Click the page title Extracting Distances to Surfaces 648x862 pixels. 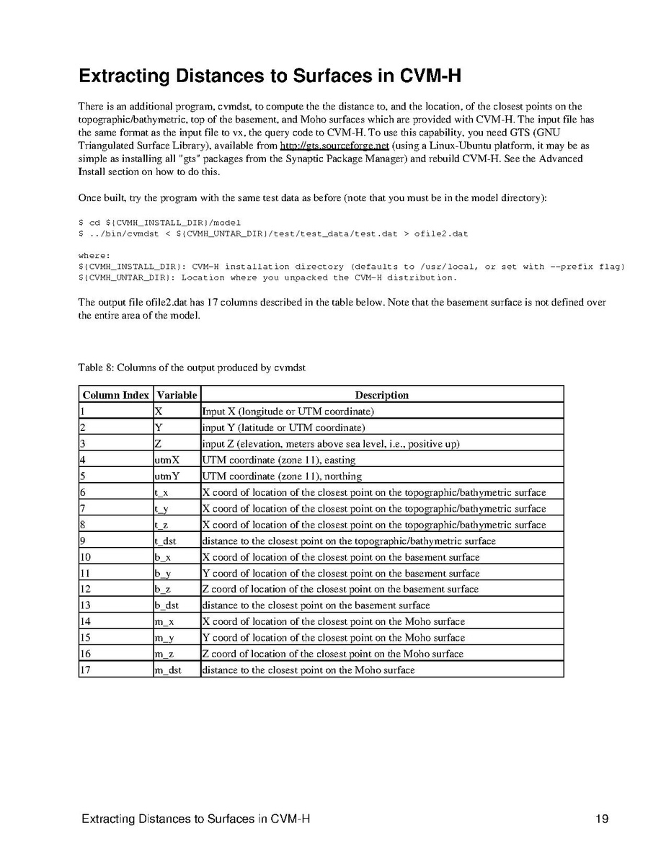[270, 76]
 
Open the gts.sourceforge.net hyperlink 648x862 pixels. [334, 146]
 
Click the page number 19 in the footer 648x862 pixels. [602, 819]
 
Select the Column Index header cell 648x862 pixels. [116, 395]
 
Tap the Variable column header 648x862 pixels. [177, 395]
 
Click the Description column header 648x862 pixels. [381, 395]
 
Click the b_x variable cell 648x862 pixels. [162, 557]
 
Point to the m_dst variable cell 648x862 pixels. [168, 670]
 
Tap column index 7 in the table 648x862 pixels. [84, 509]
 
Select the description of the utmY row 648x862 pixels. [282, 476]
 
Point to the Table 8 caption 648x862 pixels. [192, 368]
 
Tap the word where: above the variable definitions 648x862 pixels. [94, 255]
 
